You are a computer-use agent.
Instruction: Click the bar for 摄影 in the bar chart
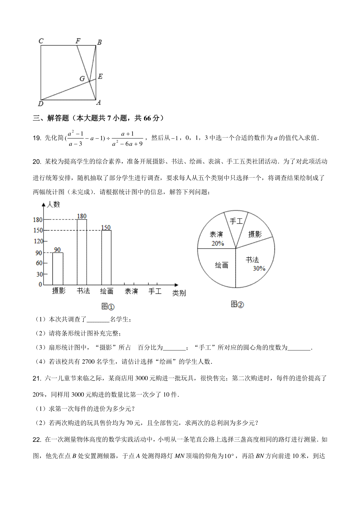58,269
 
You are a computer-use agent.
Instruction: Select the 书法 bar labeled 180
82,252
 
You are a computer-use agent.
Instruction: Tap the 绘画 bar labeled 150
106,257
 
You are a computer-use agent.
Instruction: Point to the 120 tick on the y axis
38,241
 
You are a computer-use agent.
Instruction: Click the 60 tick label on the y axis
39,263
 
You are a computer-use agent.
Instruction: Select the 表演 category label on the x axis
131,291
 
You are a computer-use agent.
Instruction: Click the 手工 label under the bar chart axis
155,291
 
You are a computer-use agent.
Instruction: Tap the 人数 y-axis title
53,204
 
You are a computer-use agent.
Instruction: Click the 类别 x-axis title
179,293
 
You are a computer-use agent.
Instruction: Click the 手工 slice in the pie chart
236,223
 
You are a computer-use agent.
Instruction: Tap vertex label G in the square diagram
82,79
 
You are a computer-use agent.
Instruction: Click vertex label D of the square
40,104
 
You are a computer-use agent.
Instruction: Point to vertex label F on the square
78,41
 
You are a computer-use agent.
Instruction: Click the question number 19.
37,138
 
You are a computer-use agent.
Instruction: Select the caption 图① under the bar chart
108,306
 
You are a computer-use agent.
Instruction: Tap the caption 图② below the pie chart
237,304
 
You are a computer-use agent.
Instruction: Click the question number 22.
37,440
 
